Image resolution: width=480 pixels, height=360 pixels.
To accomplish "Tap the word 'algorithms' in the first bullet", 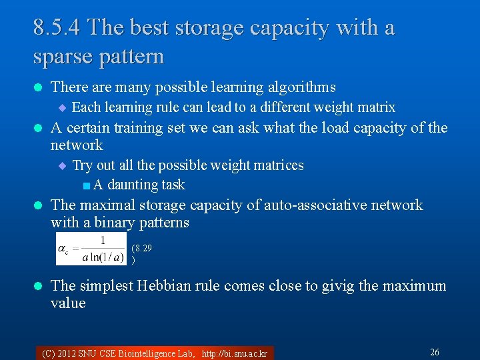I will [303, 87].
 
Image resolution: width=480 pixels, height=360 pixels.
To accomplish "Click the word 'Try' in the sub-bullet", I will [83, 165].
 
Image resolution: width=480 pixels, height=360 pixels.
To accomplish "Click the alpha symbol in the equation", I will [62, 249].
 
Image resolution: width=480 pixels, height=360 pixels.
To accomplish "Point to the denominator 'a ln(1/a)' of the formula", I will [103, 257].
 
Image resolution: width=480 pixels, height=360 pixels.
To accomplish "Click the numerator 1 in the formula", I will [103, 241].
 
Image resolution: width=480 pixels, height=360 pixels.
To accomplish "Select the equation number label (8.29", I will [141, 248].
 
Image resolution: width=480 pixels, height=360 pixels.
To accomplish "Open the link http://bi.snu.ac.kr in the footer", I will [234, 353].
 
